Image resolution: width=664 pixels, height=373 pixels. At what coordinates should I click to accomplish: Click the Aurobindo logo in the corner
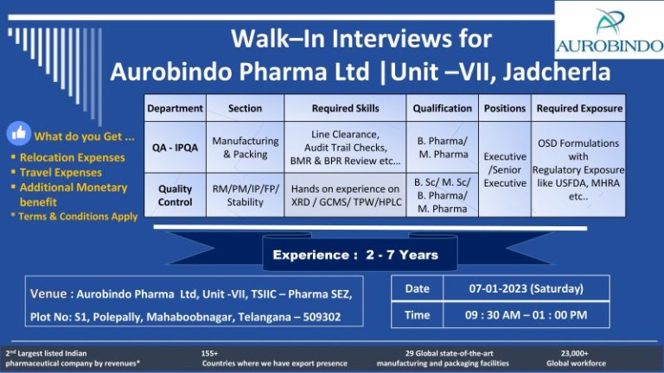point(610,30)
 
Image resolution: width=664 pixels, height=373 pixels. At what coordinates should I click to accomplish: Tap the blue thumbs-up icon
point(19,133)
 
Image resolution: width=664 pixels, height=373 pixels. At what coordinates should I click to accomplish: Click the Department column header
point(175,108)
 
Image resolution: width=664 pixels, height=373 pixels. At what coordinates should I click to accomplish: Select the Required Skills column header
point(345,108)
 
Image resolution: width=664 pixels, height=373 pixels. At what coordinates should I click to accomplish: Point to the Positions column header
point(505,108)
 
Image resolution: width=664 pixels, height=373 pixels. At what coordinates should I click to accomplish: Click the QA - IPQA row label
point(175,148)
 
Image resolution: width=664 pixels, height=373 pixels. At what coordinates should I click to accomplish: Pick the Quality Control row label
point(175,195)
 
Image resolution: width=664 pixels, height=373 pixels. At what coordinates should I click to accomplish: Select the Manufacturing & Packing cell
point(246,148)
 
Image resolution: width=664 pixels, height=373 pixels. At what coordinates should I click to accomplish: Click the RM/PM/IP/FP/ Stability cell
point(246,195)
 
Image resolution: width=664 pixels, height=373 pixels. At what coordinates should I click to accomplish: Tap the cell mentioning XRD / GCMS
point(345,195)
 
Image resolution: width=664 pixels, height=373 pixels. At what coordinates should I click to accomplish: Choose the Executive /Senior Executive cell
point(505,169)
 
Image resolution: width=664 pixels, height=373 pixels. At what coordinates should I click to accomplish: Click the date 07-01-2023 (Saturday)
point(526,288)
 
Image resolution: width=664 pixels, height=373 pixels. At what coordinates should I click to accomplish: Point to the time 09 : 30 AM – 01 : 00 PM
point(526,315)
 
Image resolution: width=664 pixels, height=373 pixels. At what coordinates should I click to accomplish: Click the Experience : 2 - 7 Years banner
point(355,255)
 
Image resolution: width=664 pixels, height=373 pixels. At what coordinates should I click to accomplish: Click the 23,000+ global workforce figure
point(575,353)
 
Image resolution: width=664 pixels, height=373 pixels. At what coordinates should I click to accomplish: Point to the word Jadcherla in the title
point(557,72)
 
